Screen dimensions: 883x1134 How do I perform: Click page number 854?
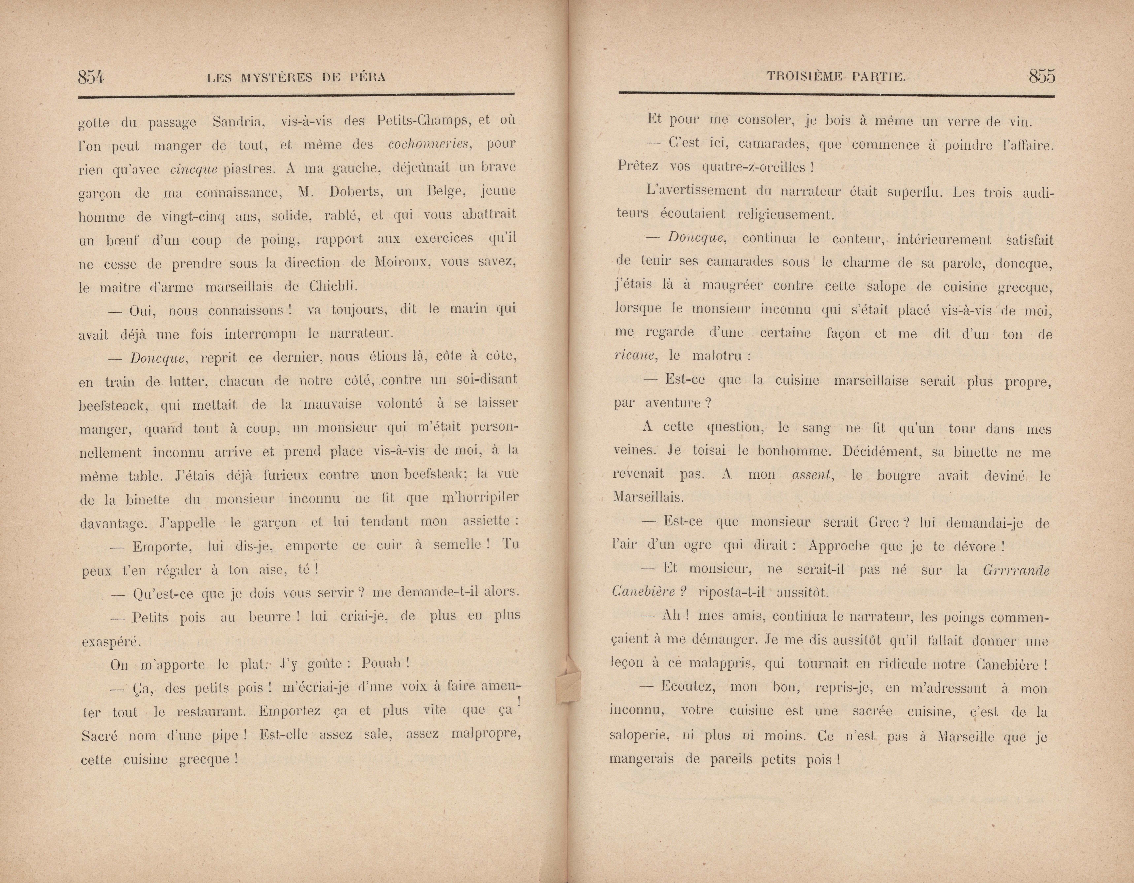[x=91, y=77]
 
